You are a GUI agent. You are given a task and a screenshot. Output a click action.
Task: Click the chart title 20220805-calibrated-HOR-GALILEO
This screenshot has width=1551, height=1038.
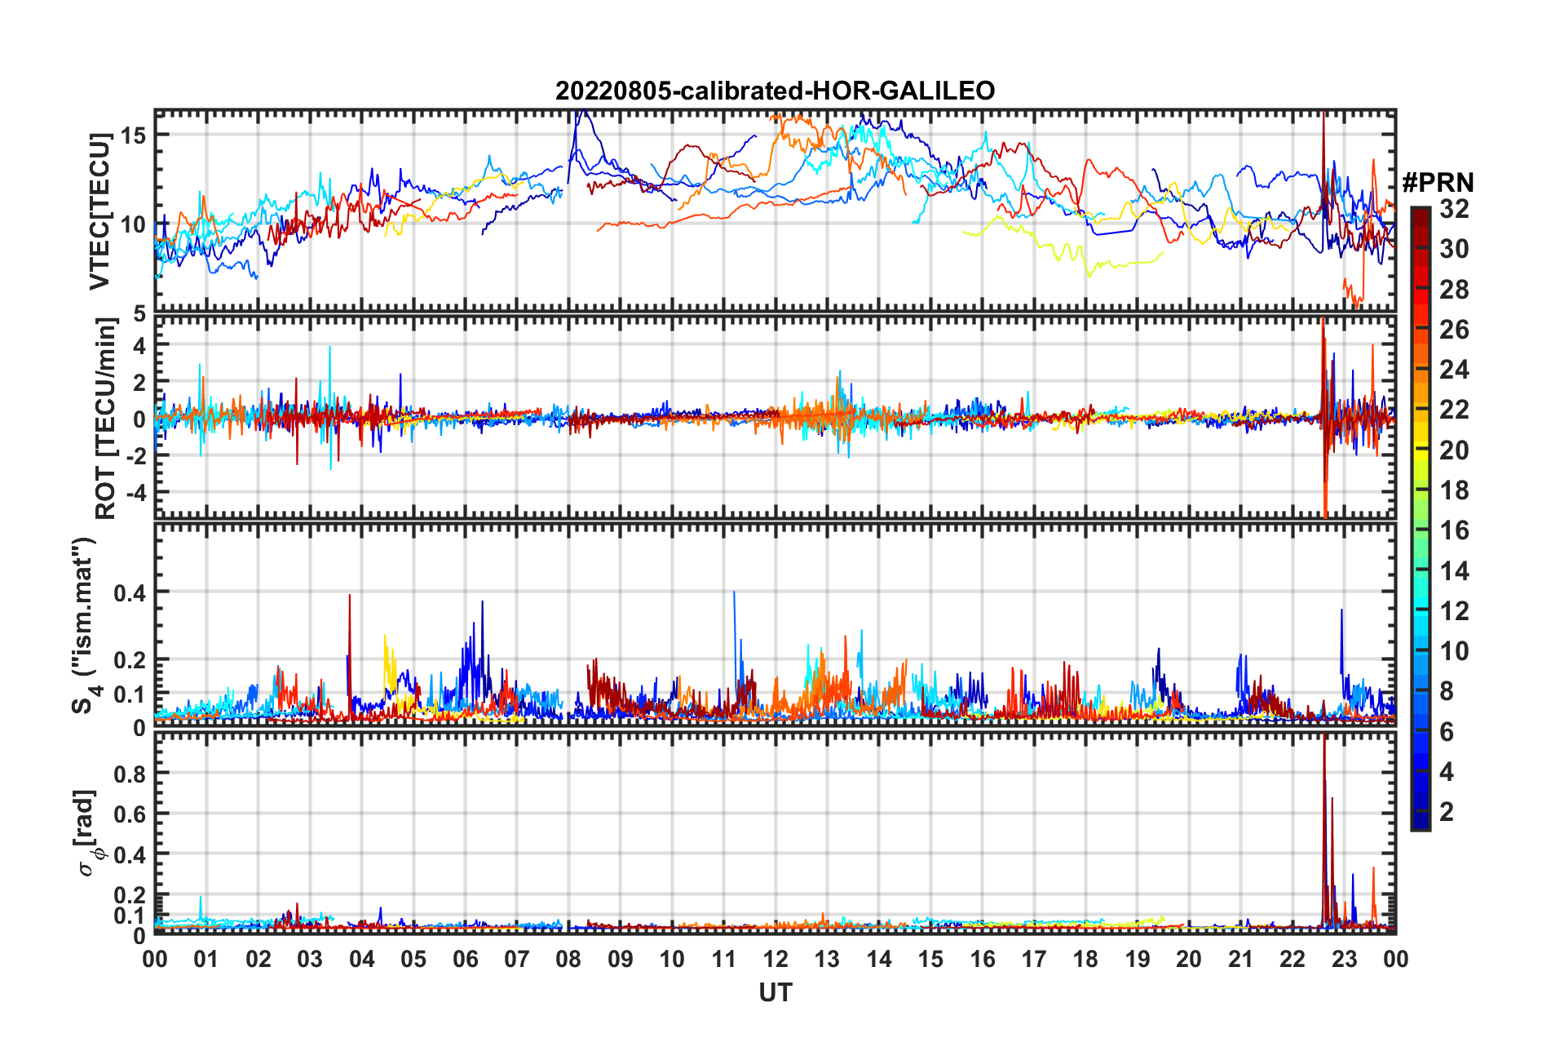tap(775, 91)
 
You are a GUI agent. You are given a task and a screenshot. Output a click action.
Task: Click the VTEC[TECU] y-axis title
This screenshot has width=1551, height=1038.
tap(99, 212)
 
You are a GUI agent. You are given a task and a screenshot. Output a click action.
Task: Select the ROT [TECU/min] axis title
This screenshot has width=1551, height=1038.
tap(105, 419)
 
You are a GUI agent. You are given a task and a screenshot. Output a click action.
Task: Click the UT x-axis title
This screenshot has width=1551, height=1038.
tap(775, 992)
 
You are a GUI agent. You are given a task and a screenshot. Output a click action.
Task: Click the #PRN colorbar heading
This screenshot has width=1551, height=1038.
tap(1438, 183)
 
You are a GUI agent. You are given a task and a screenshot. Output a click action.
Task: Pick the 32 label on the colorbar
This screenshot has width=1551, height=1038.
tap(1454, 209)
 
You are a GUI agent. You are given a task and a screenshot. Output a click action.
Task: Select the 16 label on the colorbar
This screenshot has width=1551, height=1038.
tap(1454, 530)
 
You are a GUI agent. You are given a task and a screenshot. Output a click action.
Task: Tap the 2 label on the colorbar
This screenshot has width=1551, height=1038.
tap(1447, 811)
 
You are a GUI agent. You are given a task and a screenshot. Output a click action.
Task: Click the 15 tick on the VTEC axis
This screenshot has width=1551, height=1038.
tap(134, 135)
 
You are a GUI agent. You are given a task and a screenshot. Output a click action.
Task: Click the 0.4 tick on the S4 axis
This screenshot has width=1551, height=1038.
tap(130, 592)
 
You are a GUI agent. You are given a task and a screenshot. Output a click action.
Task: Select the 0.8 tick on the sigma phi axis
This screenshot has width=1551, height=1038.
tap(130, 774)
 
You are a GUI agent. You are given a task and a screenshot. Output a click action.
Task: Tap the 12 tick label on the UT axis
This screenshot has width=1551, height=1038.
tap(775, 959)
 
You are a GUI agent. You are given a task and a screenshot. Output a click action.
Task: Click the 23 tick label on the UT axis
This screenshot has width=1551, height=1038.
tap(1344, 959)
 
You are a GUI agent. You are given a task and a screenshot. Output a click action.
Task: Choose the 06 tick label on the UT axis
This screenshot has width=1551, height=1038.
tap(465, 959)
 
